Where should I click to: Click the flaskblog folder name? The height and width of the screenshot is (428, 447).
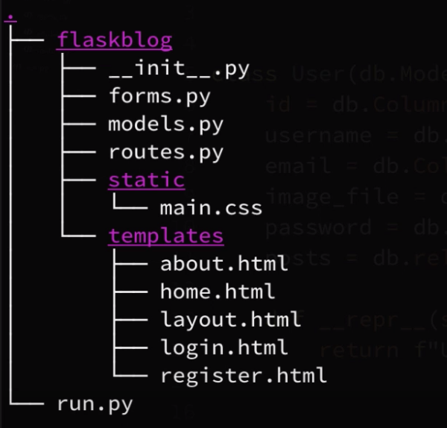click(114, 40)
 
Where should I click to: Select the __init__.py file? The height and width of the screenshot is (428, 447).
click(178, 69)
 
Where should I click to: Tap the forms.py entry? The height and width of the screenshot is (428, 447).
click(159, 97)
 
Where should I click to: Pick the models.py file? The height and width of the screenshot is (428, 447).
click(165, 125)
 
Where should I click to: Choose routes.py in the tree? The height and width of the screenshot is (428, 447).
click(165, 153)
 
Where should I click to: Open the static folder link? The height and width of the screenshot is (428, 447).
click(146, 180)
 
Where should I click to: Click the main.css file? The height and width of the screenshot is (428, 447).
click(211, 208)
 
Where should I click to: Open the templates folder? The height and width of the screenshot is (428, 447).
click(165, 236)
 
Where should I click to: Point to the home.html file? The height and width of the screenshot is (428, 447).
click(217, 292)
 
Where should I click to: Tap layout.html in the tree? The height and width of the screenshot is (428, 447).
click(230, 320)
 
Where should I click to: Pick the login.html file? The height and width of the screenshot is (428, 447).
click(223, 347)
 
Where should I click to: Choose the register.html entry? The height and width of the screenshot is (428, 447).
click(243, 375)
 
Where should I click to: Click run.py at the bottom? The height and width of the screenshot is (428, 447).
click(95, 404)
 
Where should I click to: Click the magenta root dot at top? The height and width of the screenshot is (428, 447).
click(10, 16)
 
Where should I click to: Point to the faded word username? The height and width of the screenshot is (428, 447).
click(317, 136)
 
